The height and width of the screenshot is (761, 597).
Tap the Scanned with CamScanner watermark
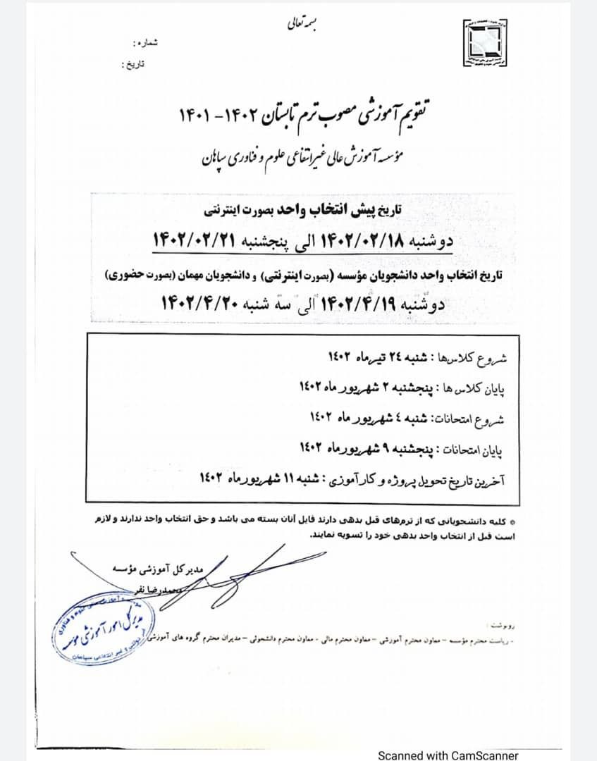click(x=448, y=755)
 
